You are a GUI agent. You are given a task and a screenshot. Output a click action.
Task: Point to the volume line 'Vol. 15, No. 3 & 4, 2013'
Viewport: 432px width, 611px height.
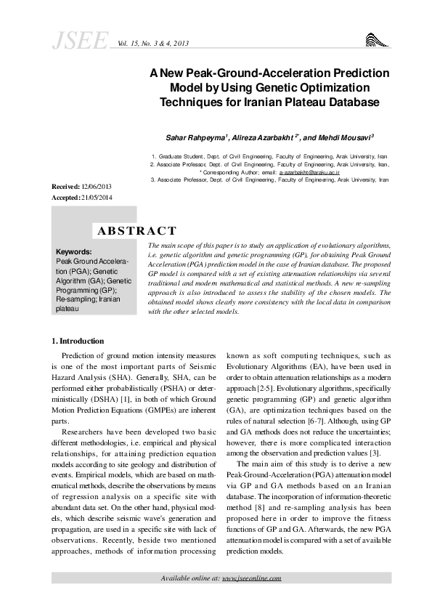point(152,44)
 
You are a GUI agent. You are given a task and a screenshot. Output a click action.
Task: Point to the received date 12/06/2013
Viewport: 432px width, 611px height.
point(97,187)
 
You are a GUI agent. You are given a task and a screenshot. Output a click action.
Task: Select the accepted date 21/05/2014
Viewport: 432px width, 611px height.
point(99,198)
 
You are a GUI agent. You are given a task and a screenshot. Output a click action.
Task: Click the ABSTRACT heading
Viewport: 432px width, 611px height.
point(136,231)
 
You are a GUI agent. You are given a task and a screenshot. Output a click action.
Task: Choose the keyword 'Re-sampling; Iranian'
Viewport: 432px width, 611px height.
point(88,299)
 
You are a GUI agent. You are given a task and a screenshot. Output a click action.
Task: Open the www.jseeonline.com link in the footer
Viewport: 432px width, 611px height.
point(251,578)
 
